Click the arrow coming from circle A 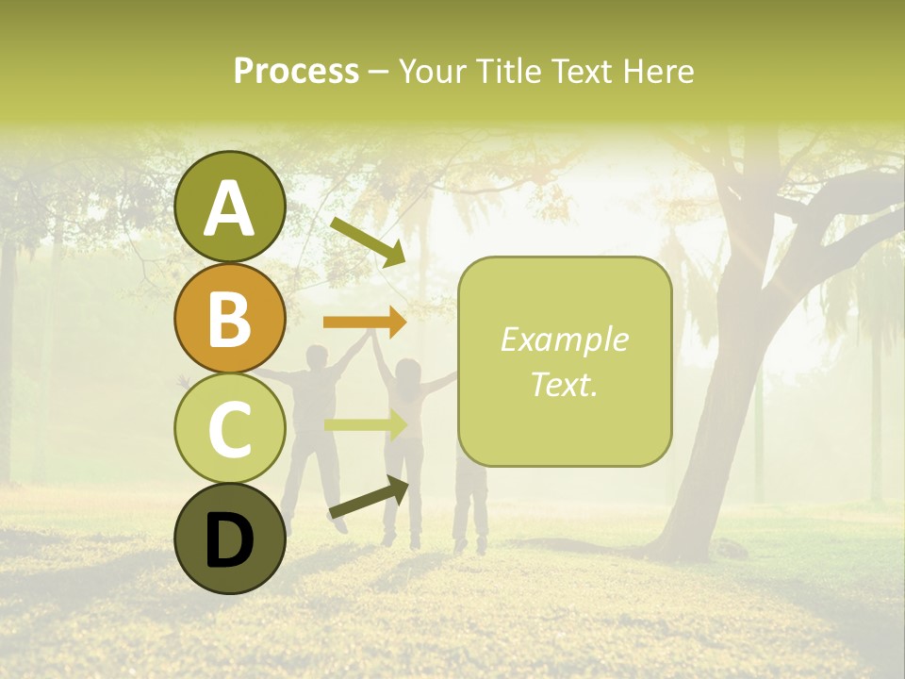click(x=368, y=241)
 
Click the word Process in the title click(x=296, y=71)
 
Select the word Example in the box click(x=565, y=339)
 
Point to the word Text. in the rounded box click(x=565, y=384)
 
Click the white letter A click(x=230, y=208)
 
